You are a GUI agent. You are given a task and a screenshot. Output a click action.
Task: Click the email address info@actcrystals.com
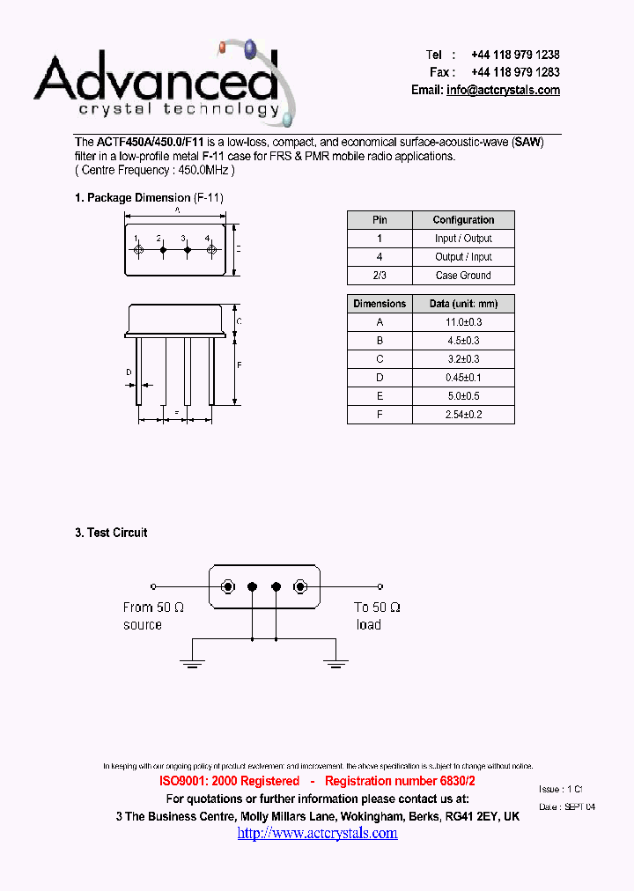coord(503,90)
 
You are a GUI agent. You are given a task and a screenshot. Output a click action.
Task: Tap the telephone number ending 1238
coord(515,55)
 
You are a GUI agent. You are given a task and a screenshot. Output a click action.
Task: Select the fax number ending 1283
coord(515,72)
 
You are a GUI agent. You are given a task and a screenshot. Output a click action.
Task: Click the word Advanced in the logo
coord(156,79)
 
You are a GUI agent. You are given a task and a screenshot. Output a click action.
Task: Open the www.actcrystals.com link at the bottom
coord(317,833)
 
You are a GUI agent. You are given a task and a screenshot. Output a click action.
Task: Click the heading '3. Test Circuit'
coord(111,533)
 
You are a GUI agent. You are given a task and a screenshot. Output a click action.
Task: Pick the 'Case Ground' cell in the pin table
coord(463,276)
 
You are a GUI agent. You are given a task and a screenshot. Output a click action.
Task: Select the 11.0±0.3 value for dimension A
coord(463,322)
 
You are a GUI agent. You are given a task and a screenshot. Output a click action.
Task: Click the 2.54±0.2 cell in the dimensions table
coord(463,414)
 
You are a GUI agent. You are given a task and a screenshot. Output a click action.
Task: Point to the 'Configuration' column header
coord(463,220)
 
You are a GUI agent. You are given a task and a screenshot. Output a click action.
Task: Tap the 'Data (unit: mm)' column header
coord(463,304)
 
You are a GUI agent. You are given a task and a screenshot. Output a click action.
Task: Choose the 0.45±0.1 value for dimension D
coord(463,378)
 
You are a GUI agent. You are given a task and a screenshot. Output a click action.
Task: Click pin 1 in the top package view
coord(138,251)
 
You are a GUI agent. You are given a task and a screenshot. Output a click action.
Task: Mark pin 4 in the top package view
coord(211,251)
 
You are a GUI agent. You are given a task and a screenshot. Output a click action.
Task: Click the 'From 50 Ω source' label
coord(153,615)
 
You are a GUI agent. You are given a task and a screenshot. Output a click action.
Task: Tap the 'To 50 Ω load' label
coord(377,615)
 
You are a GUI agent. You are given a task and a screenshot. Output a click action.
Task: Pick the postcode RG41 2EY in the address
coord(471,816)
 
